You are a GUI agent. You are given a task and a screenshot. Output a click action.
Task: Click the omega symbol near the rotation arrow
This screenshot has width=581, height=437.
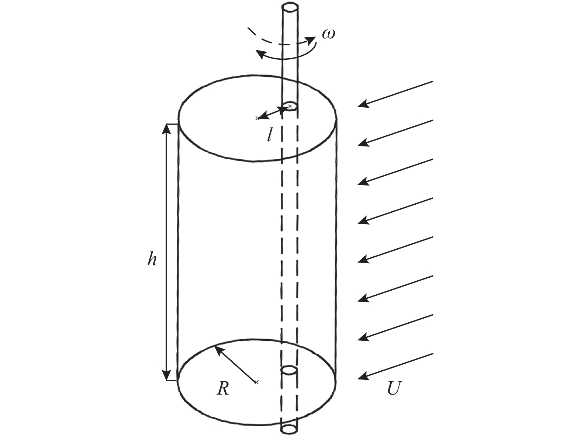click(x=328, y=34)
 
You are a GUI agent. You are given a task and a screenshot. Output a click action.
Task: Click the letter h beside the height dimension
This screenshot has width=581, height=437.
click(x=152, y=259)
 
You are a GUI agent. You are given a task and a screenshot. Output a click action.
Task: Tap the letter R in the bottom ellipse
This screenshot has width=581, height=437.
click(x=222, y=388)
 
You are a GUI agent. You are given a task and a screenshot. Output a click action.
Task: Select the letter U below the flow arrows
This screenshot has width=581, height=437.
click(x=394, y=388)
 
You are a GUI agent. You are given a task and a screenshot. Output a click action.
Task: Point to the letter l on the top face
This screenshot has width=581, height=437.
click(x=270, y=136)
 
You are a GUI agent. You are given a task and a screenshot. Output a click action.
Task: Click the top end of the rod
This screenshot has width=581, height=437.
click(x=290, y=7)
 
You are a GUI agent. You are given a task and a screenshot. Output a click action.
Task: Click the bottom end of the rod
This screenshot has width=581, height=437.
click(x=289, y=429)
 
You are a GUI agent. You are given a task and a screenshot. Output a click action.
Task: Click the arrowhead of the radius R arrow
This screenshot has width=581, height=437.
click(x=218, y=350)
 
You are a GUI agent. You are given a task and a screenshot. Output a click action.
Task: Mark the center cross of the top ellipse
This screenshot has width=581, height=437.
click(x=257, y=118)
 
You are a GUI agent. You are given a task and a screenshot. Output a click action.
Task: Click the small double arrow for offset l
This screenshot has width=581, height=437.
click(x=273, y=112)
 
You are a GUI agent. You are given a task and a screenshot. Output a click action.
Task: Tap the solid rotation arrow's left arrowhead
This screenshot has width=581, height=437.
click(x=260, y=55)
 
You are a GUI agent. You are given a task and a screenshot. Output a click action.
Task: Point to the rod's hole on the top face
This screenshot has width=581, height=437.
click(x=290, y=106)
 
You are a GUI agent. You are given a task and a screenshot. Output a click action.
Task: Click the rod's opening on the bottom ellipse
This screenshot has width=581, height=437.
click(x=289, y=370)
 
